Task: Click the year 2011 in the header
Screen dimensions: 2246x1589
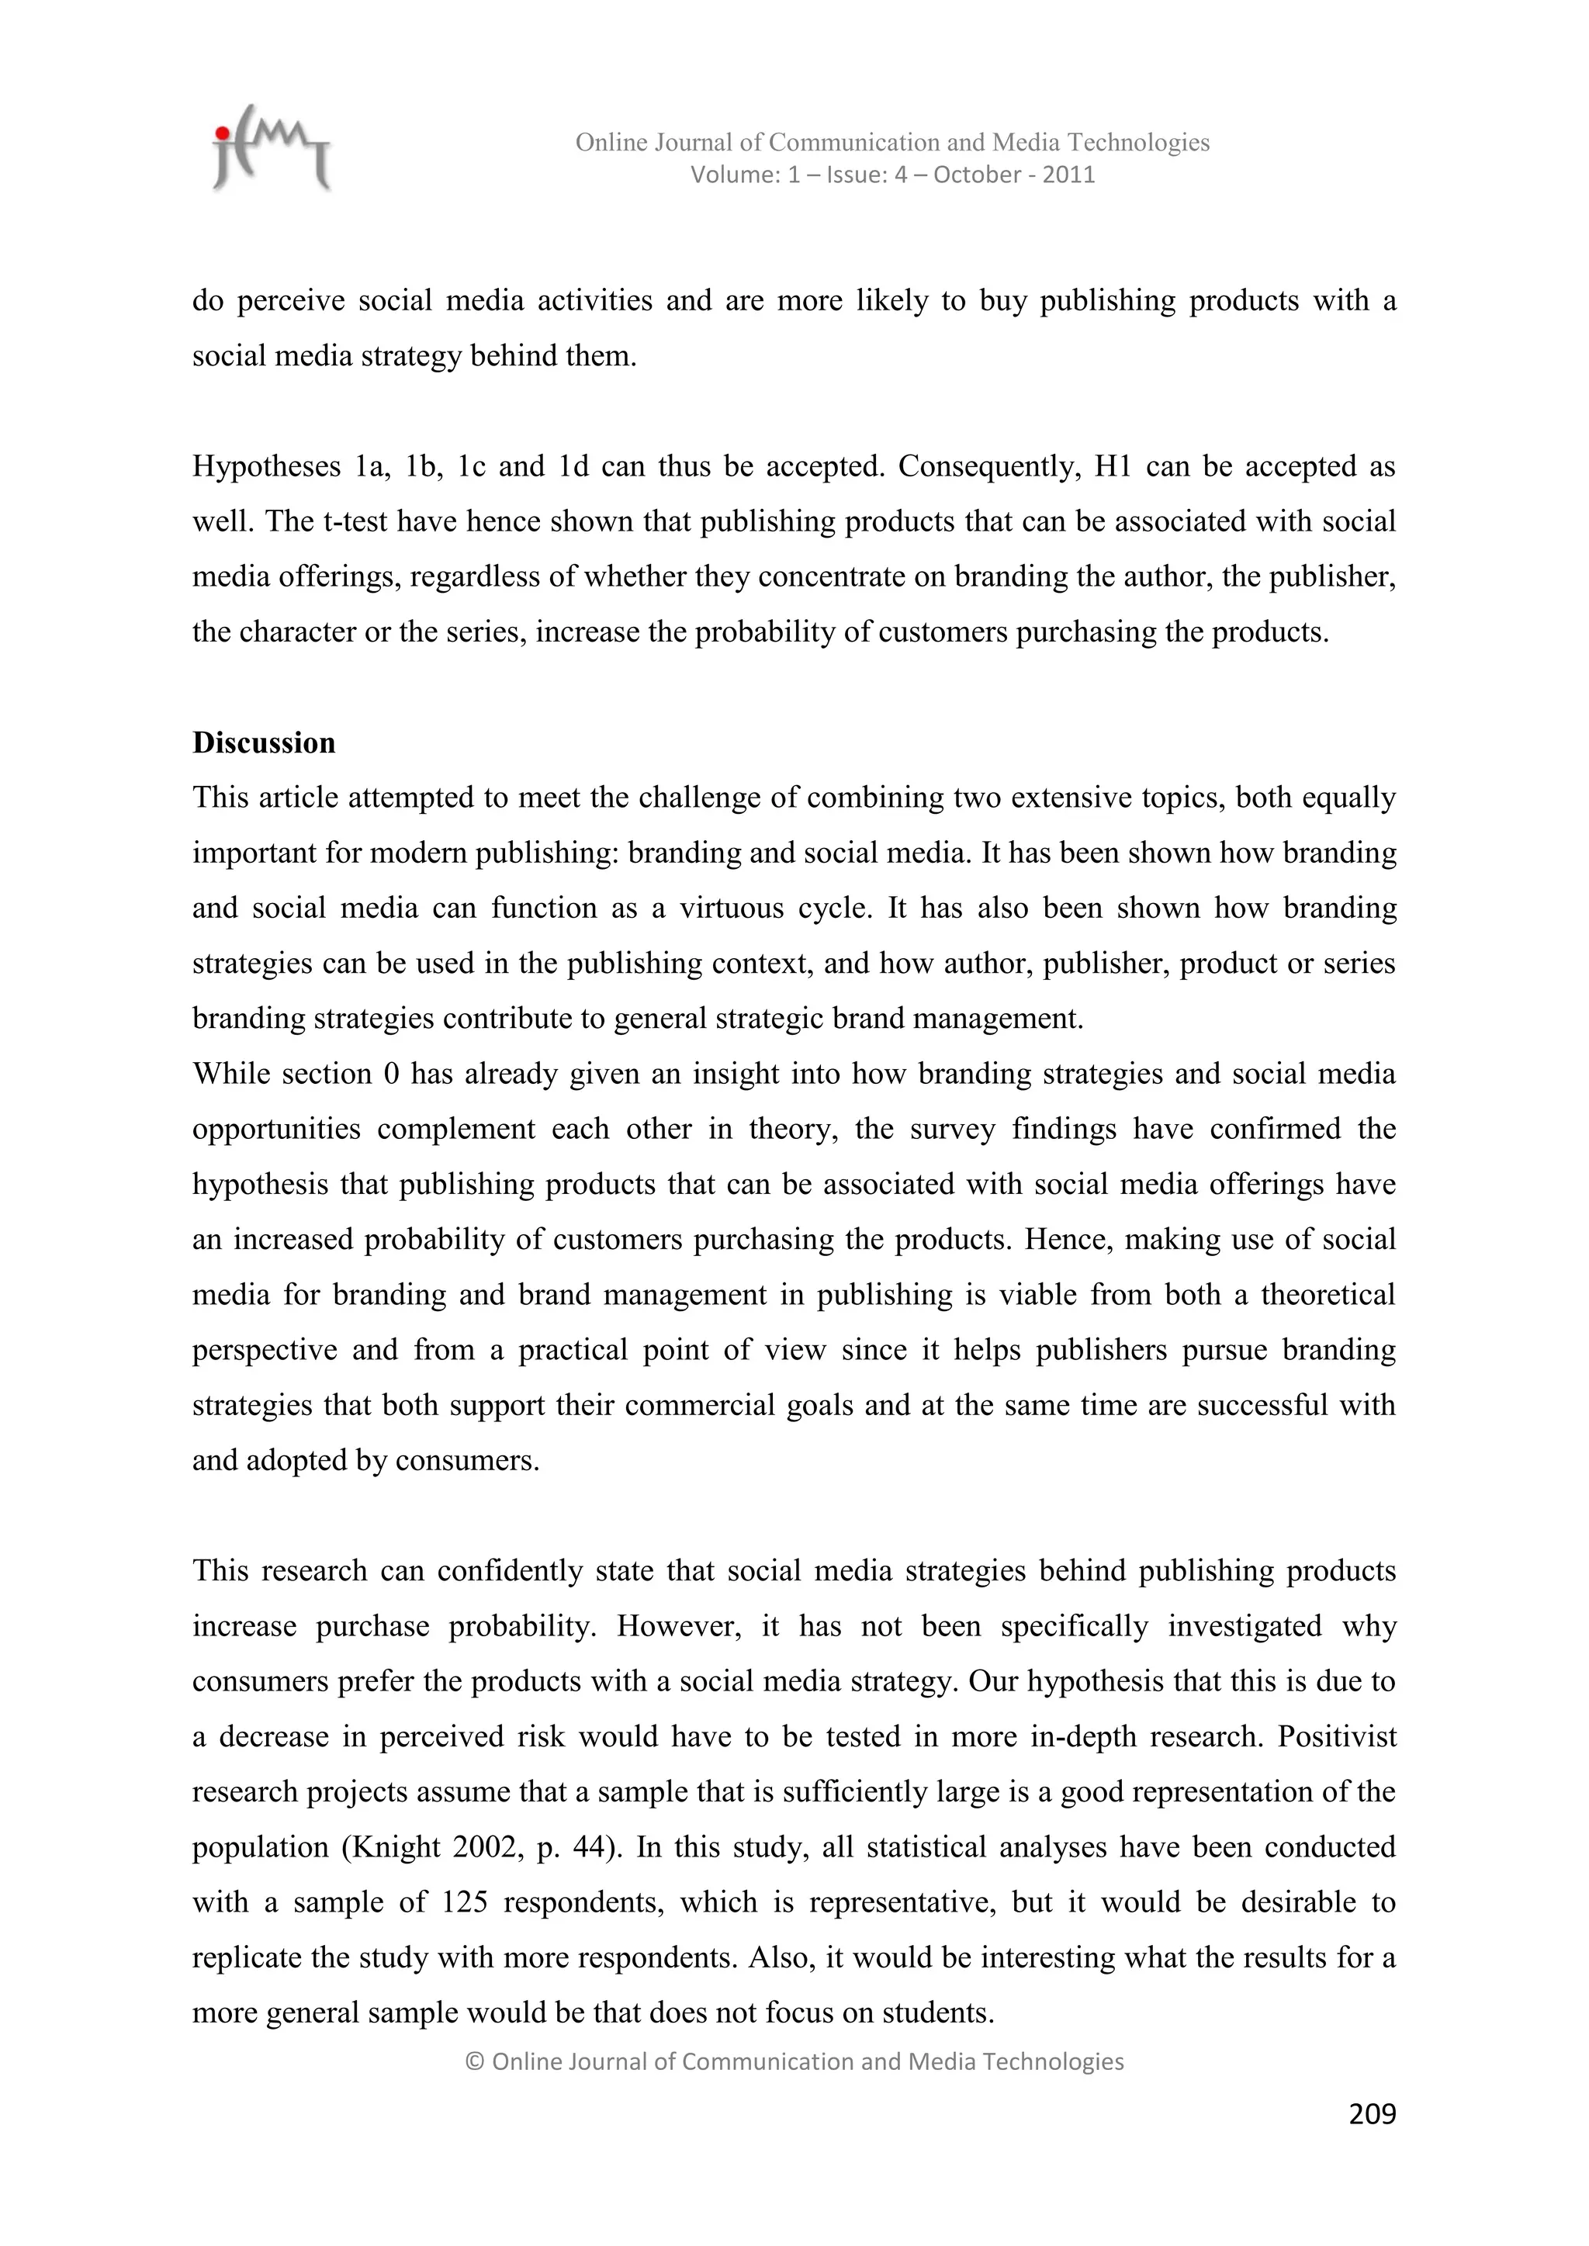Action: pyautogui.click(x=1068, y=175)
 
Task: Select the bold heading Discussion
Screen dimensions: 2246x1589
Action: pyautogui.click(x=263, y=742)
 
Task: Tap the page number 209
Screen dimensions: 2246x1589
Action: pyautogui.click(x=1372, y=2114)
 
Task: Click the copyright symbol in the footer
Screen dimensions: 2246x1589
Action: pyautogui.click(x=475, y=2061)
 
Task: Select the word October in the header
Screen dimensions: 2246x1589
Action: pyautogui.click(x=978, y=175)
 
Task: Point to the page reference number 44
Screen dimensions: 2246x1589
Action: pyautogui.click(x=590, y=1847)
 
